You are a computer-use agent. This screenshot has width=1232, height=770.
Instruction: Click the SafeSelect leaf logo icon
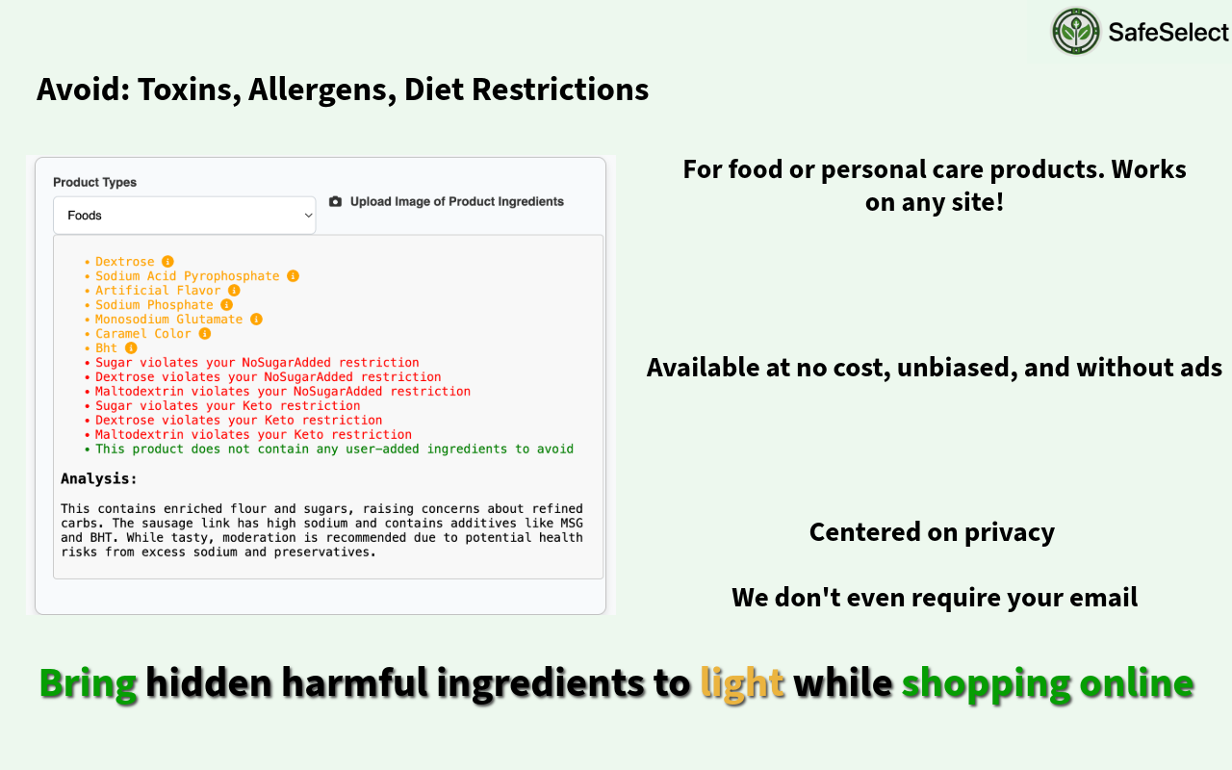pos(1076,31)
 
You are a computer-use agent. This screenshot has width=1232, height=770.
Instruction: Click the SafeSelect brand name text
pos(1168,32)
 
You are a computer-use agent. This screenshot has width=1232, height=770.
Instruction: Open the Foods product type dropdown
pos(184,215)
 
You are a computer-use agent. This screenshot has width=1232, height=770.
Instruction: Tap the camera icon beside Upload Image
pos(335,201)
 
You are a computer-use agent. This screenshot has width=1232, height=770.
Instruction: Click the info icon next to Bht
pos(131,348)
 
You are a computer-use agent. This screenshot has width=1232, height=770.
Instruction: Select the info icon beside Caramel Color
pos(205,334)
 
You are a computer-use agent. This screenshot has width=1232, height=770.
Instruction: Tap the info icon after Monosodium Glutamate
pos(256,319)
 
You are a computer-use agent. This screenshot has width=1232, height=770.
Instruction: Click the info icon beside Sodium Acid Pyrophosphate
pos(294,276)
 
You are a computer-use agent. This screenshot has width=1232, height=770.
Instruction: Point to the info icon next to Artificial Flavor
pos(234,291)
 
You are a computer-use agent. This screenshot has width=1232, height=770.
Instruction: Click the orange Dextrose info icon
pos(167,261)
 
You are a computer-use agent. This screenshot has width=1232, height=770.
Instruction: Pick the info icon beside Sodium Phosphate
pos(226,305)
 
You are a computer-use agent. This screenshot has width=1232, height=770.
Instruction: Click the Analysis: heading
pos(98,478)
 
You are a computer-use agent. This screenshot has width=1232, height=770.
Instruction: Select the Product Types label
pos(94,182)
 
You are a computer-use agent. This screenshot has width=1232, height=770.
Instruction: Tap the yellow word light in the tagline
pos(742,683)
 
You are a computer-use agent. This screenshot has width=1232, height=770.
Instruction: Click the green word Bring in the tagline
pos(88,683)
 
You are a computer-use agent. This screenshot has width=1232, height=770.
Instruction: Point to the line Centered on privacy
pos(932,532)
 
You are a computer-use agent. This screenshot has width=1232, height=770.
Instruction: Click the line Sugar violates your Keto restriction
pos(228,406)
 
